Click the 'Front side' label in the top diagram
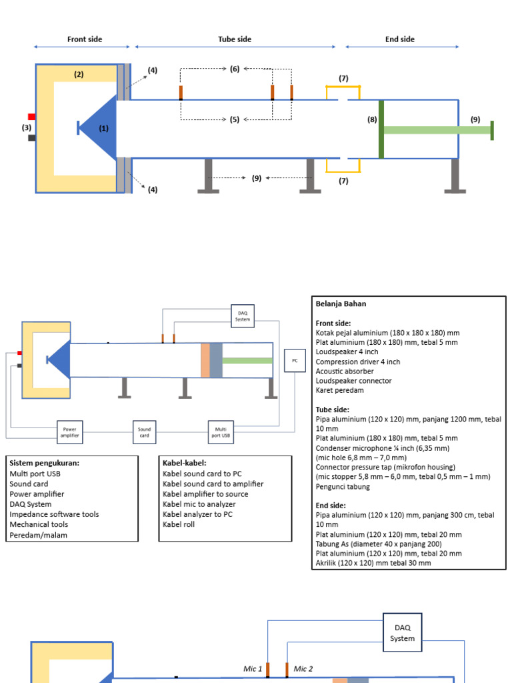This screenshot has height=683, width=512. (85, 39)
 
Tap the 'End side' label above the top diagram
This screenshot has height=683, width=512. (400, 39)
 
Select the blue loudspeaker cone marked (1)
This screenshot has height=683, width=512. (100, 128)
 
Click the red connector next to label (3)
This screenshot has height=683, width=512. (31, 117)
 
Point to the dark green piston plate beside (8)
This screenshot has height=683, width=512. (381, 129)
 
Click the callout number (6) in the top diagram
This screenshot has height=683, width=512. (235, 69)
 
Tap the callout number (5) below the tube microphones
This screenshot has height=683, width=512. (235, 119)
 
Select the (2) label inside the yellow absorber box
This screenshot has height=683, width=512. (79, 75)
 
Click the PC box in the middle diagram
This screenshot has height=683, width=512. (294, 361)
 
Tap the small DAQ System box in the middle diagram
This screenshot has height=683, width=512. (242, 316)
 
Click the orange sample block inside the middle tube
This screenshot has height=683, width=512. (205, 360)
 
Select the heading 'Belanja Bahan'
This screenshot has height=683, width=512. (341, 303)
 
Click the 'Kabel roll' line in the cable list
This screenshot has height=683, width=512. (179, 524)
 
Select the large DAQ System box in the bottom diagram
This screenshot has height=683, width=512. (402, 633)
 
